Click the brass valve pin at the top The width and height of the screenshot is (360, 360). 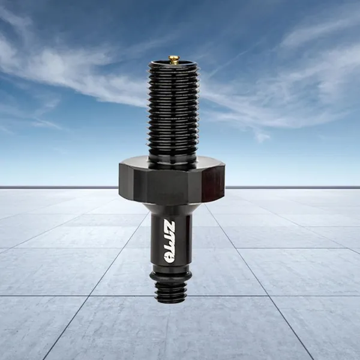coord(173,59)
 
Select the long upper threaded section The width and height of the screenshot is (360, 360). coord(173,107)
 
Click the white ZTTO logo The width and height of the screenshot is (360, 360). coord(169,241)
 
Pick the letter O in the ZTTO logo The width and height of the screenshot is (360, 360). coord(169,258)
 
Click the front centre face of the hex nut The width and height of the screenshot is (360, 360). coord(167,187)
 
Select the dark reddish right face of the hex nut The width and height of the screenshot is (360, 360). coord(213,181)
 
